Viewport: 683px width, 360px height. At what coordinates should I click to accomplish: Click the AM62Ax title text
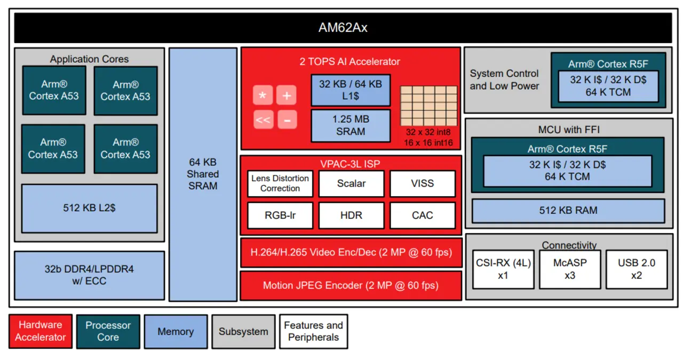343,28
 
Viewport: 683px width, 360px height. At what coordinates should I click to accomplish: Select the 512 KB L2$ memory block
89,208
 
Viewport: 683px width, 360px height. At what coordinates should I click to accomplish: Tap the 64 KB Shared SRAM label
203,174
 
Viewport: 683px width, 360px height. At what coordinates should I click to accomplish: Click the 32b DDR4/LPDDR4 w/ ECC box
89,275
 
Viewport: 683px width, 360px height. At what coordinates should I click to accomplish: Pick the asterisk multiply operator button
263,95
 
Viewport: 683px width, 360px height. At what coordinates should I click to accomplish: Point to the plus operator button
287,95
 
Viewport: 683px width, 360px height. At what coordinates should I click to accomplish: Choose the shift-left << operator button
263,120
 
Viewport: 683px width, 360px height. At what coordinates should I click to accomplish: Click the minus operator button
287,120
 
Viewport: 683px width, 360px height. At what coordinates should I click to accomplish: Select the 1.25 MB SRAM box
351,125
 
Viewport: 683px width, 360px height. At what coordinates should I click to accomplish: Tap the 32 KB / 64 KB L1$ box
351,90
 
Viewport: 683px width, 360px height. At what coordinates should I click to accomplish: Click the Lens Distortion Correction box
280,183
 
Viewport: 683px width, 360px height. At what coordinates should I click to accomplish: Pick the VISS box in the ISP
423,183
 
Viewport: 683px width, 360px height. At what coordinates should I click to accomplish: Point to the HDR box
351,215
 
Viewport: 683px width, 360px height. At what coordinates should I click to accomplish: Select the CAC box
423,215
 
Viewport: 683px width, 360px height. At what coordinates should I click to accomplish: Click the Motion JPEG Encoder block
351,285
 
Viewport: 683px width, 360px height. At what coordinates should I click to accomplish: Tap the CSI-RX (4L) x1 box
503,269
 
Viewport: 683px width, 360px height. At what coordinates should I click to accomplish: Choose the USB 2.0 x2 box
637,269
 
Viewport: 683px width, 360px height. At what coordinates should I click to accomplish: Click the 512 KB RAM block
568,211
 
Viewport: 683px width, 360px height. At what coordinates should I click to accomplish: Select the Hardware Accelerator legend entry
41,331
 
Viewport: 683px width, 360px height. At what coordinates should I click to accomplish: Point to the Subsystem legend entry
243,331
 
